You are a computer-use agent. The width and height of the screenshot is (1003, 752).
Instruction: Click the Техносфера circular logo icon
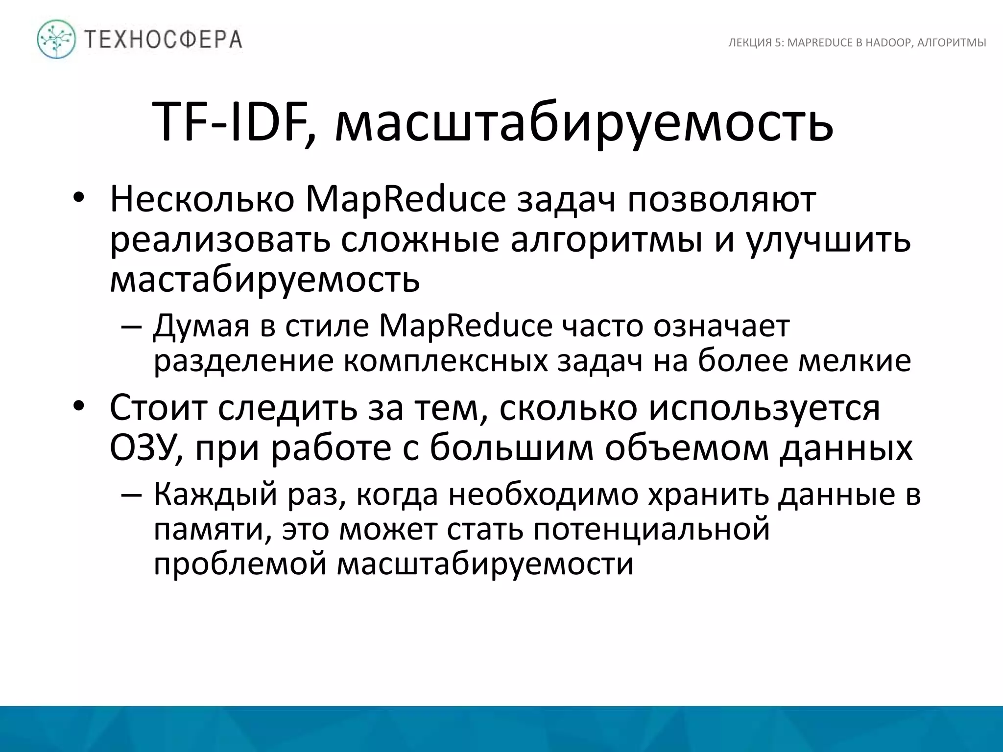point(57,39)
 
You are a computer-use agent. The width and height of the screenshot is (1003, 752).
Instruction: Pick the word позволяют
point(722,201)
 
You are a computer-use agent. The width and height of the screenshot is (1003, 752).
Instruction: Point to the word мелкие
point(855,361)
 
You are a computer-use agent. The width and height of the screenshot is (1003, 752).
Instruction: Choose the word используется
point(764,408)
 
